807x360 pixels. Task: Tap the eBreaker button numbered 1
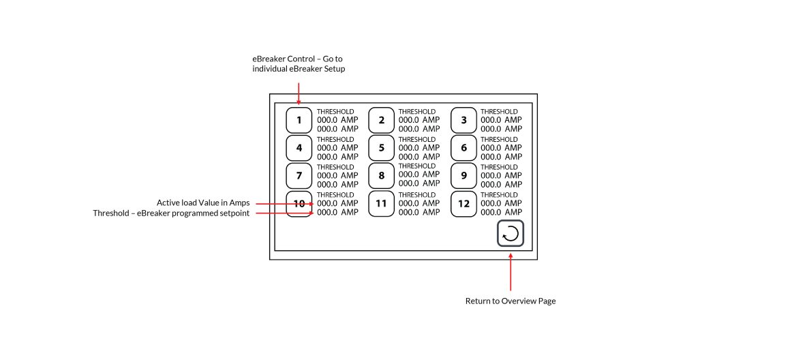(x=299, y=120)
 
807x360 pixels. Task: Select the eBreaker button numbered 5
(x=381, y=148)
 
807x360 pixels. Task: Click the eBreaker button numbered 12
(x=463, y=203)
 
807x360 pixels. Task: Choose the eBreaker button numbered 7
(x=299, y=176)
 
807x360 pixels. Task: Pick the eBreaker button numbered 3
(x=463, y=120)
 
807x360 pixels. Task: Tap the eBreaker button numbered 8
(x=381, y=176)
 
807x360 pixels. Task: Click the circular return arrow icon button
(x=511, y=234)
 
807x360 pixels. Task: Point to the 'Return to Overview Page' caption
(x=511, y=301)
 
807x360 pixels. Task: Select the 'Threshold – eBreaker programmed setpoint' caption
(x=171, y=213)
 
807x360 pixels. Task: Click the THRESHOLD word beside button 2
(x=417, y=112)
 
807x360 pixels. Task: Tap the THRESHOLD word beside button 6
(x=499, y=140)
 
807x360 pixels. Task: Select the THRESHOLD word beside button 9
(x=499, y=167)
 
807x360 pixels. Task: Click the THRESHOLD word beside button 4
(x=335, y=140)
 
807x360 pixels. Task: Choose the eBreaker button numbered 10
(x=299, y=203)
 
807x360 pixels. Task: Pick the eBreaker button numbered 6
(x=463, y=148)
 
